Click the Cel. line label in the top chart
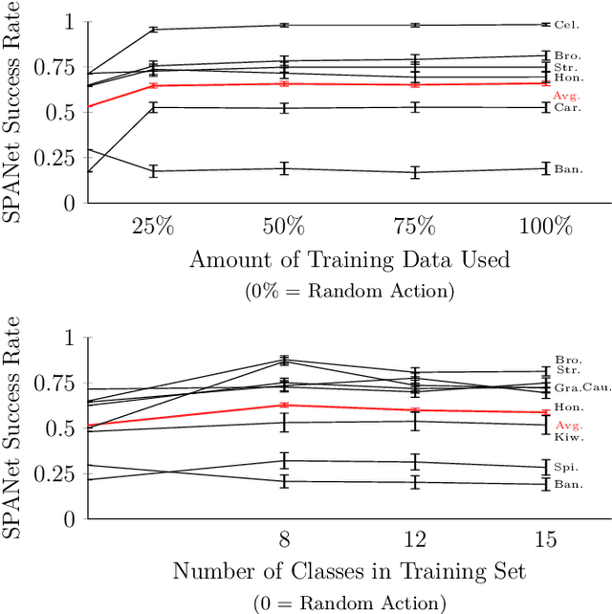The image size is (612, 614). [x=566, y=25]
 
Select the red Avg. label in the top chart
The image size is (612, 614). [x=567, y=96]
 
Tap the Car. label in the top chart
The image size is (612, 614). [x=566, y=108]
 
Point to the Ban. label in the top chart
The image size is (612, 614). [x=567, y=169]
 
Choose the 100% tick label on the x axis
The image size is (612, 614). [x=545, y=229]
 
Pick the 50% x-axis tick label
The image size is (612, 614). [x=284, y=229]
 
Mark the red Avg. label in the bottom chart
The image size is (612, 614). [x=567, y=425]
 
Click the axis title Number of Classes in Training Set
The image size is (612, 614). [x=349, y=572]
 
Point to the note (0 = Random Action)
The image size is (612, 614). [x=349, y=603]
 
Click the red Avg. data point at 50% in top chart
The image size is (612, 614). [x=284, y=84]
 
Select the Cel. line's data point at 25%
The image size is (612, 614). [x=153, y=30]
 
